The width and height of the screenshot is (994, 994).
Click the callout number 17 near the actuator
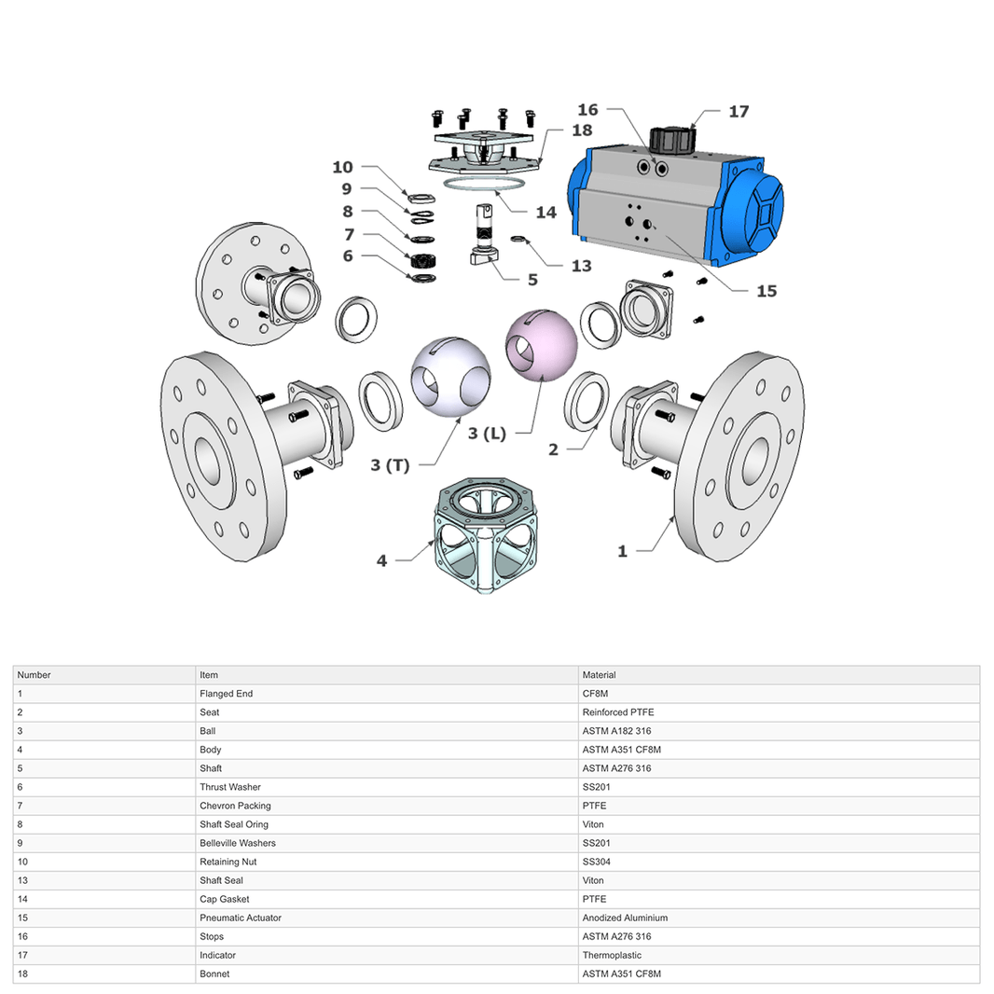pos(738,112)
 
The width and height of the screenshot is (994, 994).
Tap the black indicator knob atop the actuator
pos(672,141)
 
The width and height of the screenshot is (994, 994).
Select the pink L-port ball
pos(542,346)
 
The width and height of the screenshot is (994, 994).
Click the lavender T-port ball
pos(450,377)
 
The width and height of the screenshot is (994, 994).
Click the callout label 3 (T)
pos(390,465)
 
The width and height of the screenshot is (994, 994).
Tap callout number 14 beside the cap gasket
pos(545,213)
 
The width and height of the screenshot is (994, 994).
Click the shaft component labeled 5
pos(485,238)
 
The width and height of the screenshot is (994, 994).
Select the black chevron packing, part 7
pos(424,258)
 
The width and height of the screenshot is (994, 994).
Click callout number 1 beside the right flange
pos(622,551)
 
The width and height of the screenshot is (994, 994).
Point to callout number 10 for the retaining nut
pos(342,167)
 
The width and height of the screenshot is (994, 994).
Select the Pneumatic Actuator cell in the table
pos(240,918)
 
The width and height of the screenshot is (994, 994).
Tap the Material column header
pos(599,675)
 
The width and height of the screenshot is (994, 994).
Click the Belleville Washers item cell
pos(237,843)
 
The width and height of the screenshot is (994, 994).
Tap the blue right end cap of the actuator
pos(752,213)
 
